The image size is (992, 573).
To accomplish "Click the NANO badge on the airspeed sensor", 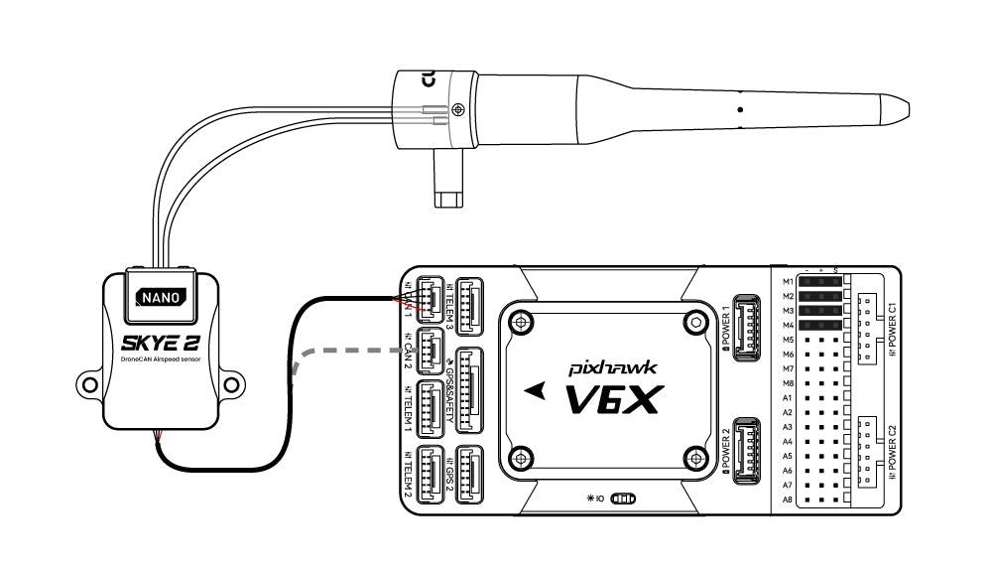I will point(160,296).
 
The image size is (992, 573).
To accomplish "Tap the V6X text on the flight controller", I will point(612,399).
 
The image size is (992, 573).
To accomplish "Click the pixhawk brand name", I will point(614,366).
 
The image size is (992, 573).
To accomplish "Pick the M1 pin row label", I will point(788,282).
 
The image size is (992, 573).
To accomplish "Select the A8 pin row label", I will point(788,500).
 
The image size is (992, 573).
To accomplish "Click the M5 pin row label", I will point(788,340).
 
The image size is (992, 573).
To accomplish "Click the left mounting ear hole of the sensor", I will point(88,379).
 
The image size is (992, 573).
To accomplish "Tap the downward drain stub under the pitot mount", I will point(447,183).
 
